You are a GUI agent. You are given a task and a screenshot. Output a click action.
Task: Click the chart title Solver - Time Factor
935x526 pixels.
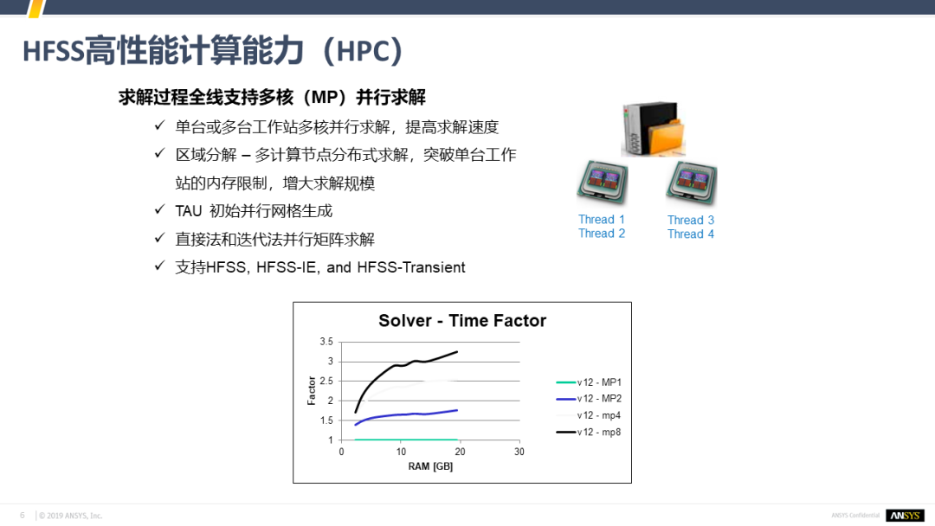point(462,320)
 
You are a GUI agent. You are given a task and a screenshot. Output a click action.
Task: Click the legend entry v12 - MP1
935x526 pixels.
point(589,382)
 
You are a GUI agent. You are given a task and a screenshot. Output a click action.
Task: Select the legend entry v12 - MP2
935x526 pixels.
point(589,399)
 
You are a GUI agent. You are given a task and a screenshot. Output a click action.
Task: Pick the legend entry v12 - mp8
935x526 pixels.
point(589,432)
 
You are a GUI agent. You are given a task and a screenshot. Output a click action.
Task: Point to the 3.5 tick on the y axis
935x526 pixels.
point(326,342)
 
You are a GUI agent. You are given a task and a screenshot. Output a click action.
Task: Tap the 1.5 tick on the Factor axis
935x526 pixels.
point(326,420)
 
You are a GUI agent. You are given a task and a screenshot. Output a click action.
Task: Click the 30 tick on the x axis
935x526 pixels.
point(519,452)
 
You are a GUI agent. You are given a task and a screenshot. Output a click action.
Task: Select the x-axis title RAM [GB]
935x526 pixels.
point(430,466)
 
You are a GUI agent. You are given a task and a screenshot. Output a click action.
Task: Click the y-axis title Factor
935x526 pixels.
point(312,391)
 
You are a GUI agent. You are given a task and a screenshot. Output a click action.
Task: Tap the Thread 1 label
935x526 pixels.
point(601,219)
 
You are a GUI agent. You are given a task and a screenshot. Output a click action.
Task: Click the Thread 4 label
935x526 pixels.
point(691,234)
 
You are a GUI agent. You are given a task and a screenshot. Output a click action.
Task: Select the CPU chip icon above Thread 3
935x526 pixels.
point(691,183)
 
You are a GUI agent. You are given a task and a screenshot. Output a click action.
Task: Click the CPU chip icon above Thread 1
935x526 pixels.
point(603,183)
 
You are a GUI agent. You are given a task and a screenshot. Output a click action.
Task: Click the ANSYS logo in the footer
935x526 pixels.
point(905,516)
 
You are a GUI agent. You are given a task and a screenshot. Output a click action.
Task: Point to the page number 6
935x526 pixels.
point(23,516)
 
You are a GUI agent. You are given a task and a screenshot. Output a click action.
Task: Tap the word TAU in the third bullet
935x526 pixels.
point(189,211)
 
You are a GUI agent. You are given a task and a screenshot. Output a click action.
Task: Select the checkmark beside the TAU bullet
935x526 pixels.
point(159,209)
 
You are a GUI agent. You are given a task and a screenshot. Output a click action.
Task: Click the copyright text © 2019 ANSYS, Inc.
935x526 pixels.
point(70,516)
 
